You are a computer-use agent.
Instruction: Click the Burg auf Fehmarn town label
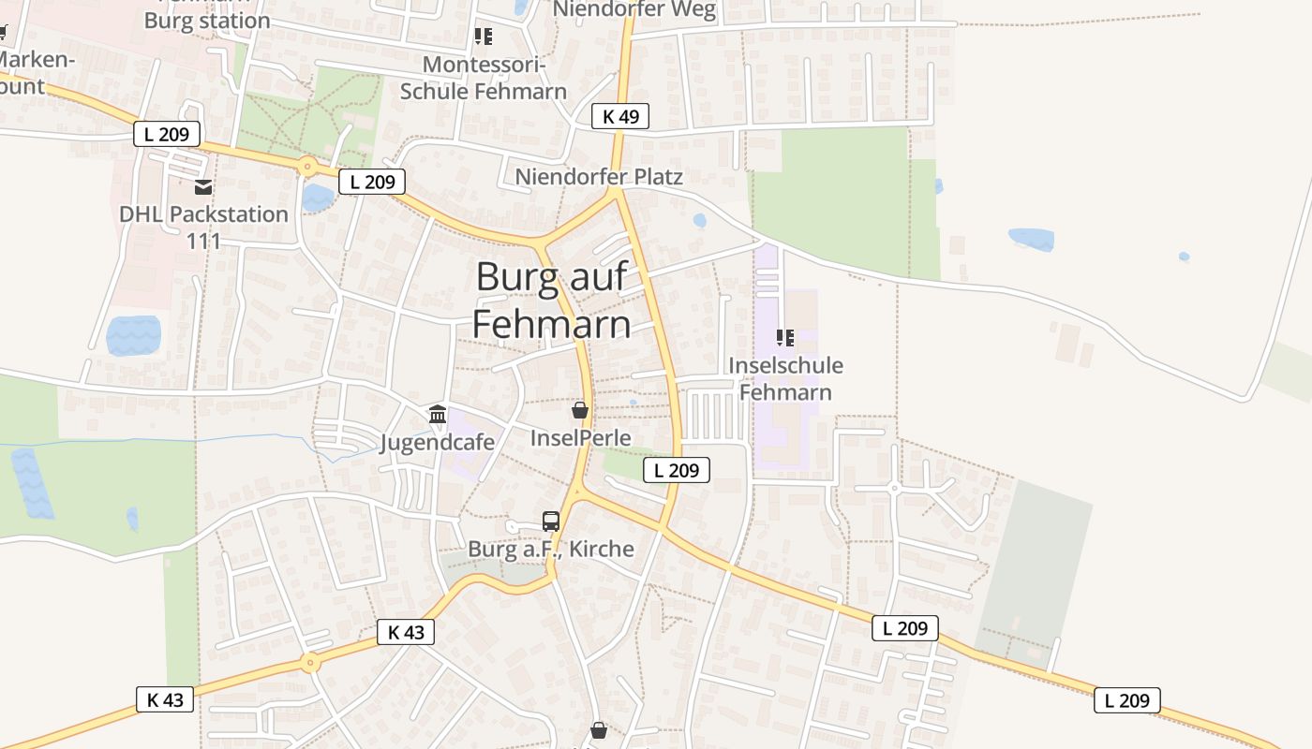[551, 301]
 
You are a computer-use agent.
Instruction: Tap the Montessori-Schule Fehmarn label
[484, 78]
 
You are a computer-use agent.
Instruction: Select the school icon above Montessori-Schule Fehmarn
[484, 37]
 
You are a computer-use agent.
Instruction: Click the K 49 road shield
[620, 116]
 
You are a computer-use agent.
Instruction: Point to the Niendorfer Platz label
[599, 176]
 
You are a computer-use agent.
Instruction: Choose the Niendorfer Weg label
[634, 10]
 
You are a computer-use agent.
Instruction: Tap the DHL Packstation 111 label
[203, 227]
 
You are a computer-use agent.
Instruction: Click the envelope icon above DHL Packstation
[203, 187]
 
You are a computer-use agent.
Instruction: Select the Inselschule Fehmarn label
[785, 378]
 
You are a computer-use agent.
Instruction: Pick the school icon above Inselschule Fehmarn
[785, 337]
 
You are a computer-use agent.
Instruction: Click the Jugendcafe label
[438, 442]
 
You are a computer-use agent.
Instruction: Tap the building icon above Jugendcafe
[438, 414]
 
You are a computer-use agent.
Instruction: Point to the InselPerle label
[580, 437]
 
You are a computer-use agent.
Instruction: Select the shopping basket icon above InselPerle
[580, 410]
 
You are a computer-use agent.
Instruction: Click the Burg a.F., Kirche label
[551, 549]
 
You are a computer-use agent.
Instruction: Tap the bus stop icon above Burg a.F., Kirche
[551, 521]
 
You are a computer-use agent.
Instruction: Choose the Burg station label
[207, 20]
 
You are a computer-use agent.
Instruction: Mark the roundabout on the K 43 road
[310, 663]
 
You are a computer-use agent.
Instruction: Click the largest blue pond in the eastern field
[1031, 240]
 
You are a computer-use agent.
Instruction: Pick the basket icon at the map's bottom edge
[599, 729]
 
